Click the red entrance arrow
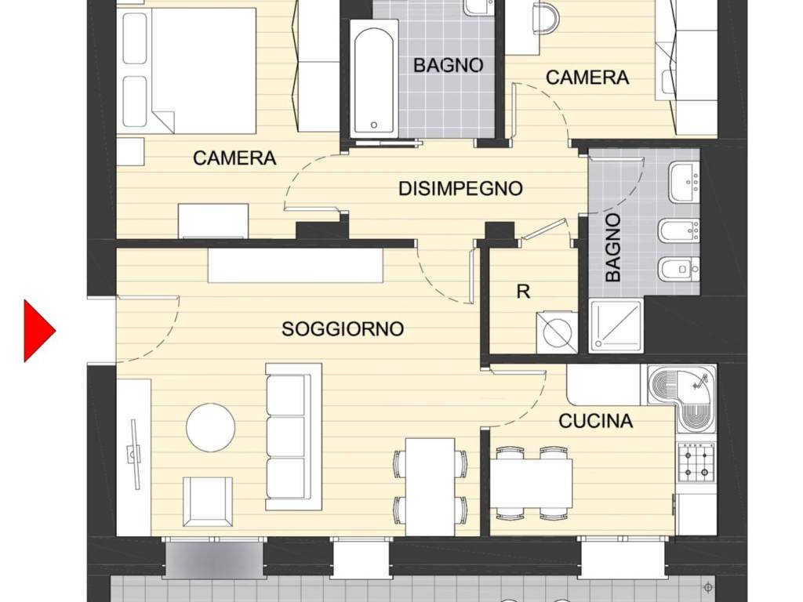pos(39,332)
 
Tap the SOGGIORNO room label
pos(343,328)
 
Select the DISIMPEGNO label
pos(460,188)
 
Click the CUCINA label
pos(596,421)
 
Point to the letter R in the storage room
pos(523,292)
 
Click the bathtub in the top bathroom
pos(374,79)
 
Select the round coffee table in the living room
pos(210,427)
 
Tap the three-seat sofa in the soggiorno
pos(293,437)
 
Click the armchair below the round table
pos(207,502)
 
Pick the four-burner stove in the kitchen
pos(696,462)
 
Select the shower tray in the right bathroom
pos(616,326)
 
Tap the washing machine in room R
pos(557,332)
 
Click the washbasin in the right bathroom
pos(684,182)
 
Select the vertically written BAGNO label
pos(612,248)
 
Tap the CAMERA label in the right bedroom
pos(587,78)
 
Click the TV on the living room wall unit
pos(134,455)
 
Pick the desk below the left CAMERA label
pos(213,221)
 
